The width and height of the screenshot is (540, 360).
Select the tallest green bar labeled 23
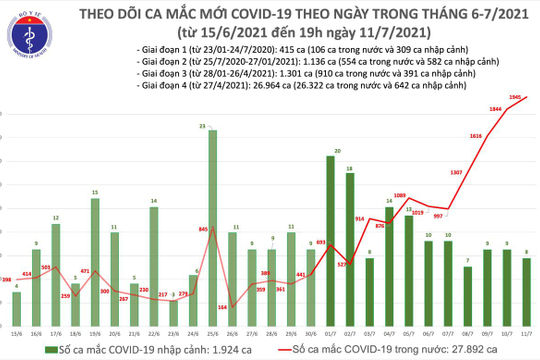pyautogui.click(x=212, y=220)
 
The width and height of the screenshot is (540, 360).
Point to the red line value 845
pyautogui.click(x=203, y=230)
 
